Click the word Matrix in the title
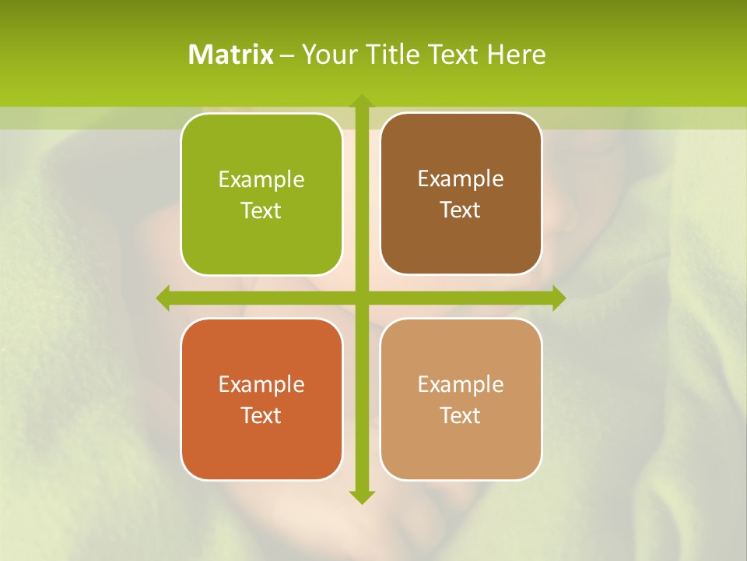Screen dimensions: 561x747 pos(231,55)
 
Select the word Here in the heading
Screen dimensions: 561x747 pos(517,55)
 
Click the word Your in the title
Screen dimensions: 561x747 pos(326,55)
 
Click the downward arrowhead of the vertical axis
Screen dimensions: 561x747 pos(361,496)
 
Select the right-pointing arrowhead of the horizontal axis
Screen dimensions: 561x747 pos(558,298)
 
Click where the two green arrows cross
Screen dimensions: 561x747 pos(361,298)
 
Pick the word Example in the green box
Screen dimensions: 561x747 pos(261,180)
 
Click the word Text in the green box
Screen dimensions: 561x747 pos(261,210)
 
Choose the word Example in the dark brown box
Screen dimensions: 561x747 pos(461,179)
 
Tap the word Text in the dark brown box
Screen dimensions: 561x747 pos(461,210)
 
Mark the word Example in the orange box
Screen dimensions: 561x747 pos(261,384)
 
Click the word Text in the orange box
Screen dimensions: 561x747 pos(261,415)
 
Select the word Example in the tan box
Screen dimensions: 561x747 pos(461,384)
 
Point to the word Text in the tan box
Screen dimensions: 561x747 pos(461,415)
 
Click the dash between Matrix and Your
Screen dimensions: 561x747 pos(287,55)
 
